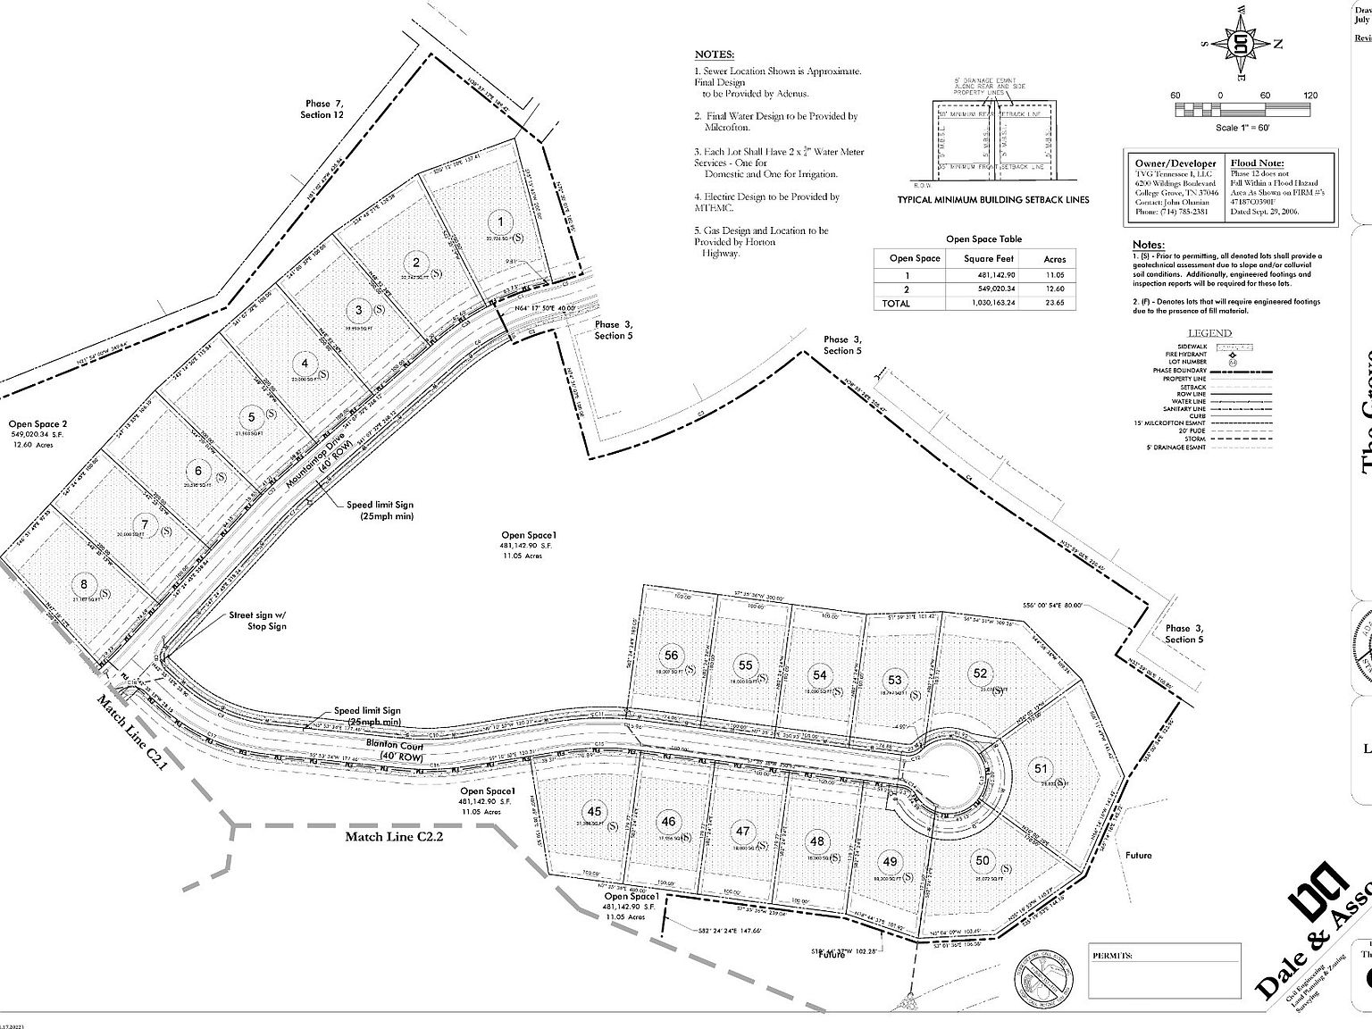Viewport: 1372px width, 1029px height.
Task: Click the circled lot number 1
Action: pos(501,222)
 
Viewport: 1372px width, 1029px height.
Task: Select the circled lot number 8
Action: pos(84,584)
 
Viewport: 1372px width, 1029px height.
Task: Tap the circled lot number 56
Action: pos(672,656)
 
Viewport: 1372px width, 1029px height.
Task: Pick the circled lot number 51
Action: pos(1041,768)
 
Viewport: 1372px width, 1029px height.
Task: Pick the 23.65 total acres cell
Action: pos(1054,303)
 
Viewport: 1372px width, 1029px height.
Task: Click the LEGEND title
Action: pos(1209,333)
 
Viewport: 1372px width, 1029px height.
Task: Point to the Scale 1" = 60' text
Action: pos(1242,128)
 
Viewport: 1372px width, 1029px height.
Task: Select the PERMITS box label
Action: pos(1112,956)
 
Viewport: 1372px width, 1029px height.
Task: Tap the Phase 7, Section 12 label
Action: pos(322,109)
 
